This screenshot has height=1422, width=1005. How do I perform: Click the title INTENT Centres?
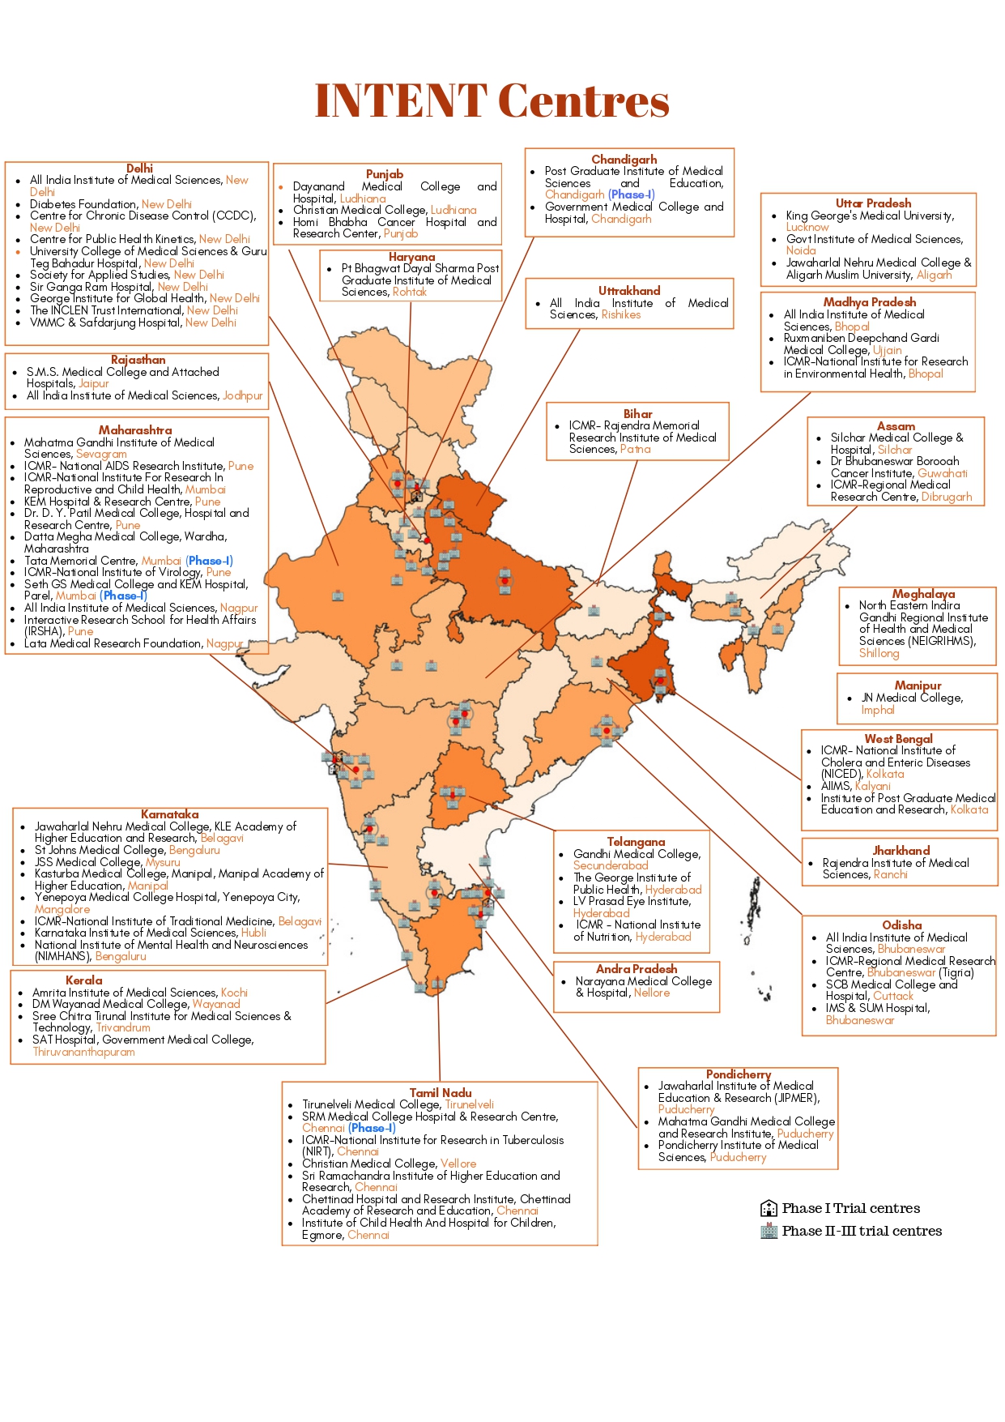492,100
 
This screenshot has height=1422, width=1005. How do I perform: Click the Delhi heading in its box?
139,168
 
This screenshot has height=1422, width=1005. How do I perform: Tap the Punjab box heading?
384,173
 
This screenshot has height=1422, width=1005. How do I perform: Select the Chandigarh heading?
624,159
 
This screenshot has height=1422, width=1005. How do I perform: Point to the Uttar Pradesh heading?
873,203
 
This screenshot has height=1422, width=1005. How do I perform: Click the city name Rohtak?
409,292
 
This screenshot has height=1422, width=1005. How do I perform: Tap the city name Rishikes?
620,314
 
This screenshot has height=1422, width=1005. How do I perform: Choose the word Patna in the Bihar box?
635,449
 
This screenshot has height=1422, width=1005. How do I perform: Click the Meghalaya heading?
923,593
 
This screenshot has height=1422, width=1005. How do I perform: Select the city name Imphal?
878,710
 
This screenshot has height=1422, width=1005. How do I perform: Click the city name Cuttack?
892,996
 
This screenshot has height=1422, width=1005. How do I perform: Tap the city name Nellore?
652,993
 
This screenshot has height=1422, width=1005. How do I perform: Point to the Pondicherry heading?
738,1074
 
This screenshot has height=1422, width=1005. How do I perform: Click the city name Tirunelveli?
469,1104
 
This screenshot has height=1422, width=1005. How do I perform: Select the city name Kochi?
234,993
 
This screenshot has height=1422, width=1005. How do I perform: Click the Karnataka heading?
169,813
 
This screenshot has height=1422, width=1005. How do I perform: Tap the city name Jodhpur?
242,395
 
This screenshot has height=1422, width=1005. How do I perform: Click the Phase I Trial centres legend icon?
769,1208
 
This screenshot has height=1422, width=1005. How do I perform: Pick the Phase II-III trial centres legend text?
862,1231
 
